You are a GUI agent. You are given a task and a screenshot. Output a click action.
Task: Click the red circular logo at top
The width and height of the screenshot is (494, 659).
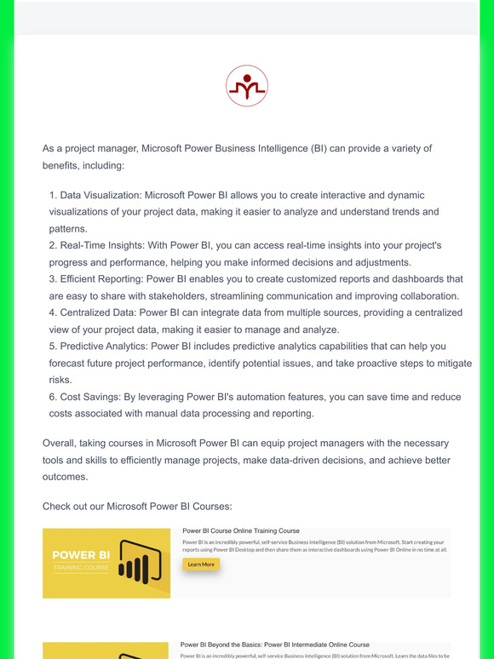(247, 85)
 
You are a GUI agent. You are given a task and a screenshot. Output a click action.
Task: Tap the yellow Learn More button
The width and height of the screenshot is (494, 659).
(201, 564)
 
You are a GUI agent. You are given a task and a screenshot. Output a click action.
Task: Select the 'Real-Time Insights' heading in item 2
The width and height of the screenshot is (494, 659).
(103, 245)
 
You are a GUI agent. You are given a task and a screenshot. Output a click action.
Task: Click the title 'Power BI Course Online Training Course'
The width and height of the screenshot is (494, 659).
(241, 530)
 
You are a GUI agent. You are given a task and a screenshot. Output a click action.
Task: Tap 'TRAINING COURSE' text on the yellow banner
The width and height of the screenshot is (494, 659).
(80, 568)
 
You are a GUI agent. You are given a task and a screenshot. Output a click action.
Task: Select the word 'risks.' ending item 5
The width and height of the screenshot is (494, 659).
(61, 380)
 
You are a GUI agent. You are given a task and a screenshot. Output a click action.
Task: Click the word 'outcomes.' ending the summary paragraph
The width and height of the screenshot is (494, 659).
(66, 477)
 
